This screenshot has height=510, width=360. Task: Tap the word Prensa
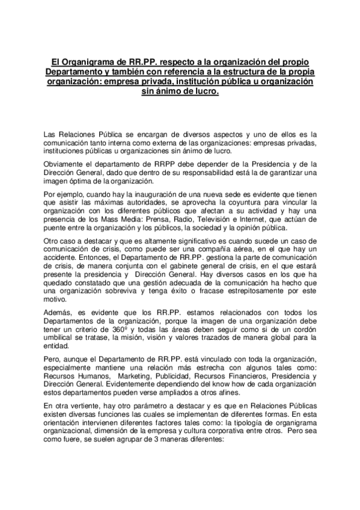click(155, 221)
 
